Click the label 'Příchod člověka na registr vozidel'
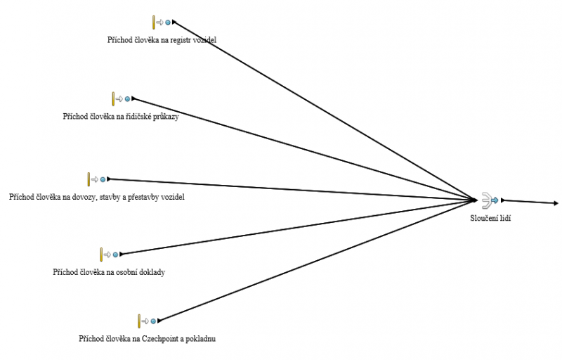162,40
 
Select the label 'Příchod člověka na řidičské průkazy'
120,117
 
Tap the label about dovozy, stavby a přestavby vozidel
96,197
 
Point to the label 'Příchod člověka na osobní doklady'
108,271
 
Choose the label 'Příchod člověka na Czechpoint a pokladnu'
147,339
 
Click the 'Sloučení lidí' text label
490,219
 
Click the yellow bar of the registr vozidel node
153,22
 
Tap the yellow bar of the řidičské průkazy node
112,98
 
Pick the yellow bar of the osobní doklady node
101,254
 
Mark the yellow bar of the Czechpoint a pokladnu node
139,321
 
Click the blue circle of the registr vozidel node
167,22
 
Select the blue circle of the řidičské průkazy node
126,98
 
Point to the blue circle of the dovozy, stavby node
103,179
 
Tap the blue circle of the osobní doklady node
115,254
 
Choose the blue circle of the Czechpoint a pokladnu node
153,321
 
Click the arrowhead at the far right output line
556,203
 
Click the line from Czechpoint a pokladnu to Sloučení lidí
316,261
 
